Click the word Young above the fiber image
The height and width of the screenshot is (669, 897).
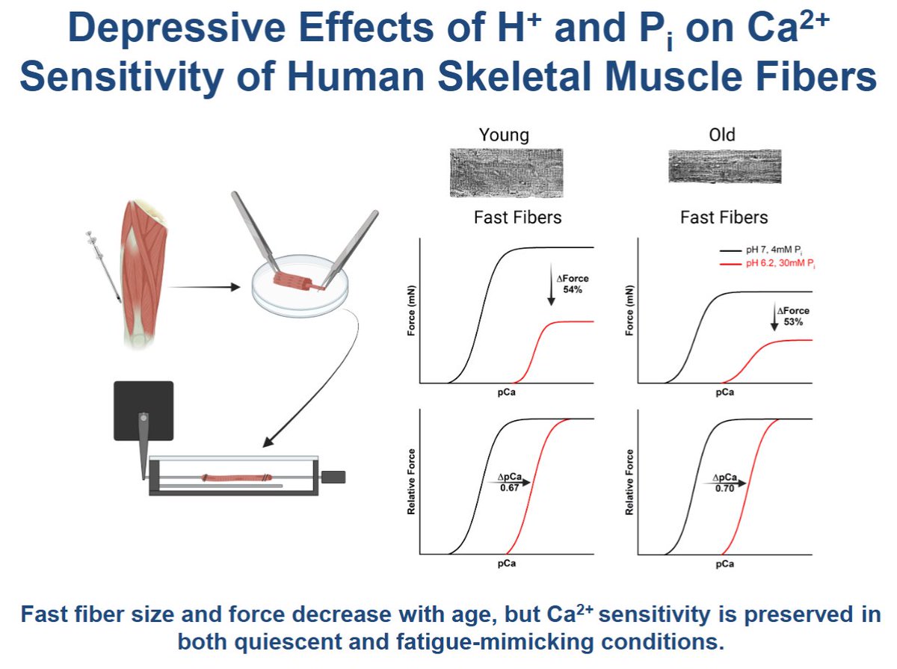coord(503,135)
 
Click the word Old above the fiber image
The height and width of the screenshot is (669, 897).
coord(721,135)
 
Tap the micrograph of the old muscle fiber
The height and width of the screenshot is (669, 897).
coord(724,167)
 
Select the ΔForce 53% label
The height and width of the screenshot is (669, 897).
coord(792,316)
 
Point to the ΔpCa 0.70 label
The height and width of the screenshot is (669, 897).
coord(724,483)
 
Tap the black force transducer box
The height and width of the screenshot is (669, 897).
coord(143,410)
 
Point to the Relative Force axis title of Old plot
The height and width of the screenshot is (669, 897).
coord(629,481)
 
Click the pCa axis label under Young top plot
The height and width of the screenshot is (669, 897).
coord(506,392)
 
